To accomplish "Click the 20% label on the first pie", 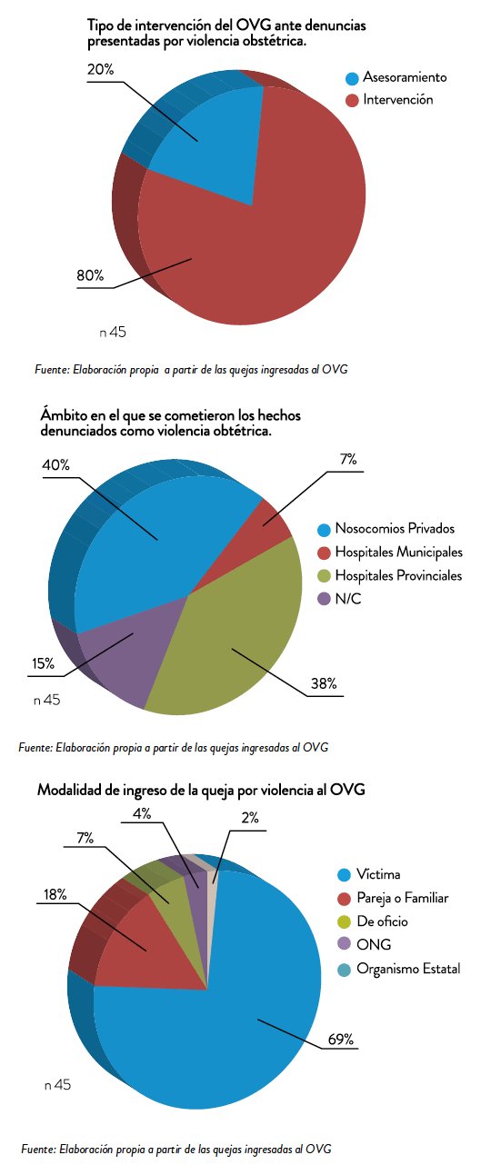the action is click(100, 69).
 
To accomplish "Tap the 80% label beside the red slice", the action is click(90, 275).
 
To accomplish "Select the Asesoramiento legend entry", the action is click(396, 77).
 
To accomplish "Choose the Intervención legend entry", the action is click(389, 100).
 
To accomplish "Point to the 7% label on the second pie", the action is click(348, 460).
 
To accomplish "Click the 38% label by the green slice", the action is click(324, 683).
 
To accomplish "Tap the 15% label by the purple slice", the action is click(43, 663).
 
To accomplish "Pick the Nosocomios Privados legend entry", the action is click(386, 529).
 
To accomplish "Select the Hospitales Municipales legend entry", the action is click(390, 553).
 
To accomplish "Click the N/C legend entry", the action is click(340, 599).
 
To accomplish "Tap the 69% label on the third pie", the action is click(341, 1039).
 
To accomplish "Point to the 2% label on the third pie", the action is click(250, 818).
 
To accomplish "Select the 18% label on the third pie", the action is click(55, 894).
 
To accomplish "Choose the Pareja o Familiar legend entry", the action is click(393, 898).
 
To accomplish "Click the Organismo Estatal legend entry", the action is click(399, 969).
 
